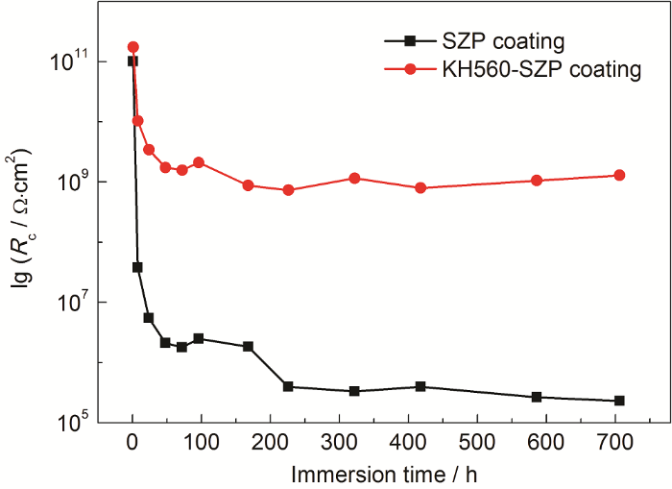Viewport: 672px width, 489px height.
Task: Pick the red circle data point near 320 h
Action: coord(354,178)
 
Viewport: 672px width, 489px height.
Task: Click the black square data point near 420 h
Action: coord(420,386)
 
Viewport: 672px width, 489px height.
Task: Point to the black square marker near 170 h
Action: coord(248,346)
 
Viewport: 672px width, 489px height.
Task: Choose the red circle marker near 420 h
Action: coord(420,187)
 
